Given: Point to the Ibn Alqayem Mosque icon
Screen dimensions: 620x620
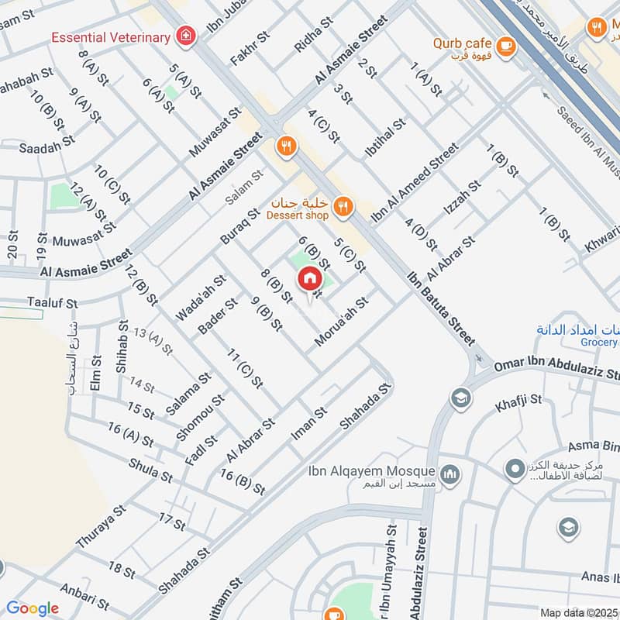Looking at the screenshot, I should (449, 472).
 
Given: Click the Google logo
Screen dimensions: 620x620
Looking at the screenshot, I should (32, 608).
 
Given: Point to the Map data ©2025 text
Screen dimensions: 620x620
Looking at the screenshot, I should (578, 612).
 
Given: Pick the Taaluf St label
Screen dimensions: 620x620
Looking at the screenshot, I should (53, 303).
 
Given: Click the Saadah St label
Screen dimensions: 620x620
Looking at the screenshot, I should (47, 144).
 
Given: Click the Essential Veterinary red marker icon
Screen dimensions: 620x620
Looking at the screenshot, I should (186, 34).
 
